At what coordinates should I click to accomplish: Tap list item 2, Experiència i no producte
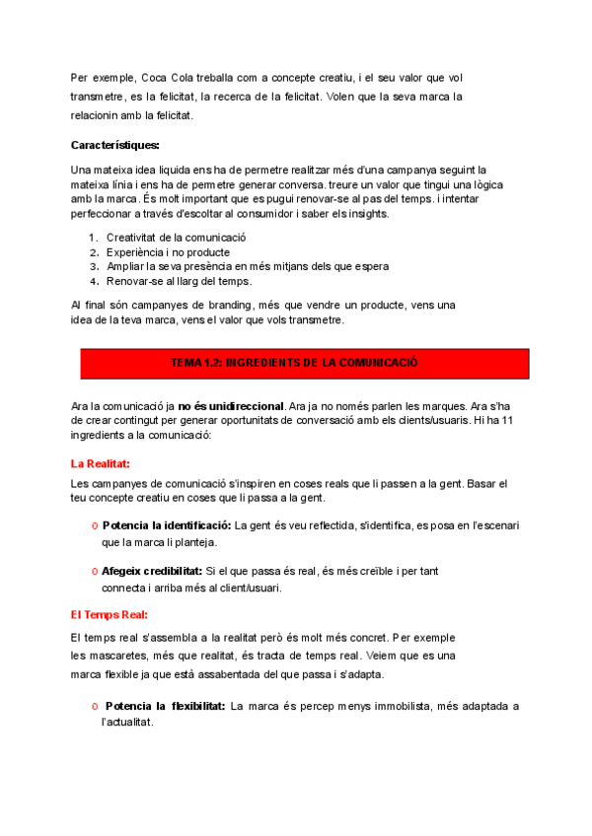click(x=167, y=251)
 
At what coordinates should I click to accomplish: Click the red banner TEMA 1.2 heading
click(x=294, y=363)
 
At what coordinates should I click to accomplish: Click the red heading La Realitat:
click(x=101, y=462)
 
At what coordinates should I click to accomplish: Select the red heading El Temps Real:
click(x=109, y=613)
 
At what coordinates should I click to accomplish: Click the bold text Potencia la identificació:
click(x=167, y=524)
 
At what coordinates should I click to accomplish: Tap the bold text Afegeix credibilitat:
click(x=152, y=571)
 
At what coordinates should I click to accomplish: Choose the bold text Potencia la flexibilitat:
click(x=165, y=706)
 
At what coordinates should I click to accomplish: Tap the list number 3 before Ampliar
click(x=92, y=266)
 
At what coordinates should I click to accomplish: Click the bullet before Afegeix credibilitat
click(x=94, y=572)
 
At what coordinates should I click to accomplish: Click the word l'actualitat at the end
click(x=127, y=722)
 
